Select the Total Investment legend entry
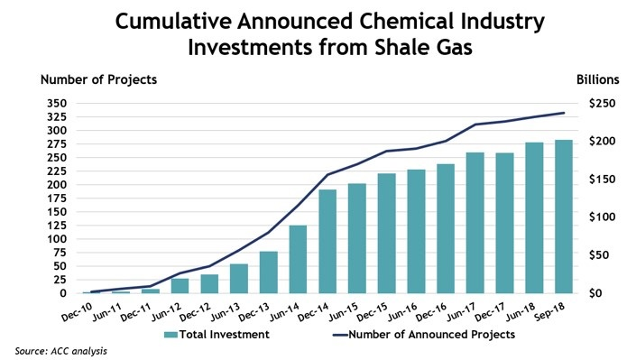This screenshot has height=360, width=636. pos(217,335)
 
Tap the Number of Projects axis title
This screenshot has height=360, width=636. pos(98,79)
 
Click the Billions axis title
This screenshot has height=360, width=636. pos(597,79)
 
